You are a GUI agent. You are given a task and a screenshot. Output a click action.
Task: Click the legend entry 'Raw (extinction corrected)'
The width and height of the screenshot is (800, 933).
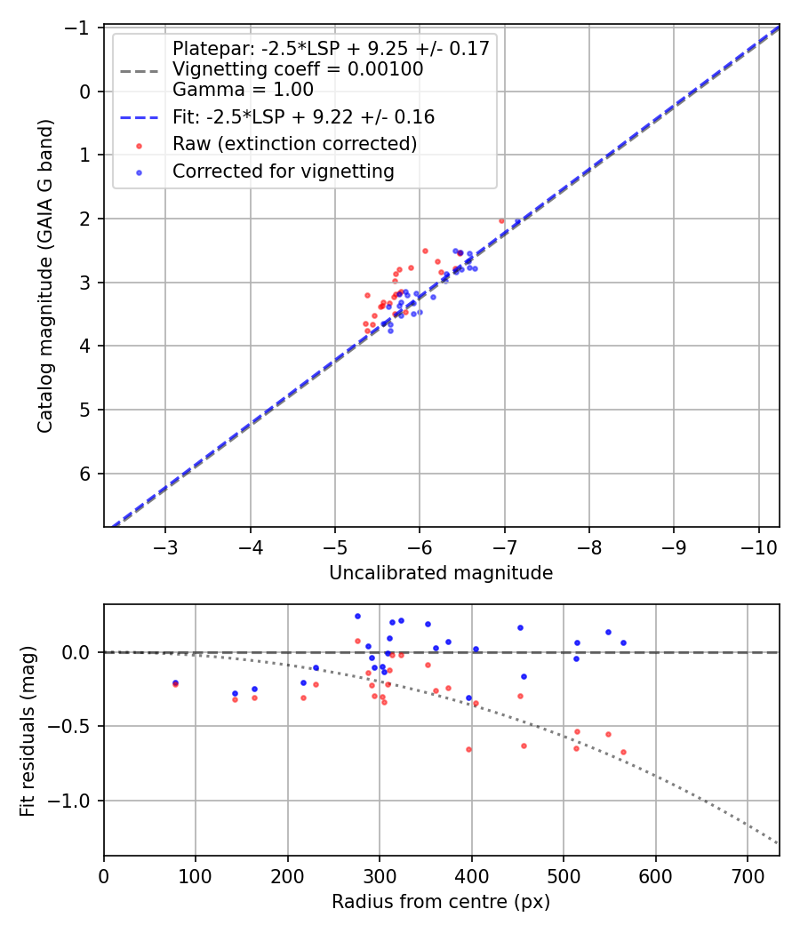pos(294,144)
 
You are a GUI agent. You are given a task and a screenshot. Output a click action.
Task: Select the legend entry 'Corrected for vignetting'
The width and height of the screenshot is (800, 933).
pos(284,171)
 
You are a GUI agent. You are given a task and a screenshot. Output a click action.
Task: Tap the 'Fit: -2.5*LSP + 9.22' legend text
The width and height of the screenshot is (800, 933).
pos(303,116)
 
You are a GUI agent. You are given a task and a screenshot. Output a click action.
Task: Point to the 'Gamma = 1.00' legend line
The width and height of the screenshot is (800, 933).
pos(243,89)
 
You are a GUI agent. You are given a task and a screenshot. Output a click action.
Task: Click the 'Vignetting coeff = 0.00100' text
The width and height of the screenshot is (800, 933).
pos(298,69)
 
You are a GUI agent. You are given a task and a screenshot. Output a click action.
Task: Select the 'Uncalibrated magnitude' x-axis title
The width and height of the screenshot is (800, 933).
pos(441,573)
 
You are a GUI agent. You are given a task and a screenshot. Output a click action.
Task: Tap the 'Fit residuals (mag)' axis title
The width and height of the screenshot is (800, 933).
pos(28,730)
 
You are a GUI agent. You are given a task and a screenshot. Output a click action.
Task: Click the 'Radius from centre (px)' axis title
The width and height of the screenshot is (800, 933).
pos(441,902)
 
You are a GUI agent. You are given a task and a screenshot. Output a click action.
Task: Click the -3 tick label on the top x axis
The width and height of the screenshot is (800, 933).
pos(165,544)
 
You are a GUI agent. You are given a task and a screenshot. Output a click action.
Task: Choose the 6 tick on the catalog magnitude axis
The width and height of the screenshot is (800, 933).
pos(86,474)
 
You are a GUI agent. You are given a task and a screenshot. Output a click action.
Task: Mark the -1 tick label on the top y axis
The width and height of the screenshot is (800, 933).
pos(82,28)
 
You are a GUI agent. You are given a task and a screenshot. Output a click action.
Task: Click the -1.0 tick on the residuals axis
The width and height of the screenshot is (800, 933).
pos(76,801)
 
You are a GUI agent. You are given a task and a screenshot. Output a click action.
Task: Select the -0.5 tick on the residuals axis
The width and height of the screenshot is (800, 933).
pos(76,727)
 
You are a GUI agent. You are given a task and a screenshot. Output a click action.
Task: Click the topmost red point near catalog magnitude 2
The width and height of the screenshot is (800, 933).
pos(501,220)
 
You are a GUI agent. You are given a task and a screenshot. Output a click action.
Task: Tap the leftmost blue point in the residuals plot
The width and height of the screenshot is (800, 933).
pos(175,682)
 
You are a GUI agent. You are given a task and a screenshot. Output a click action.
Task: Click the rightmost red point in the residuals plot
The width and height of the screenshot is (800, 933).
pos(623,752)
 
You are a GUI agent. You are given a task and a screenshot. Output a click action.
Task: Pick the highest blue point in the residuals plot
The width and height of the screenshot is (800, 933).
pos(357,616)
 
